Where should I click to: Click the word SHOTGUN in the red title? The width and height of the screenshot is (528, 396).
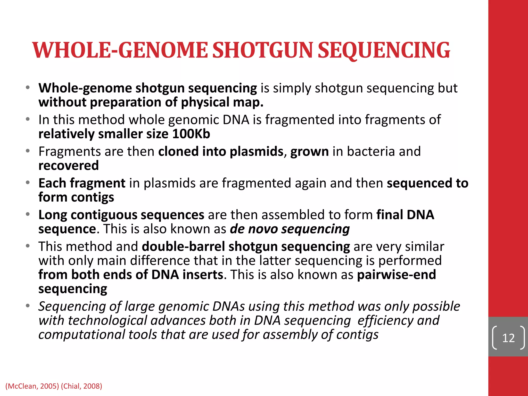tap(263, 50)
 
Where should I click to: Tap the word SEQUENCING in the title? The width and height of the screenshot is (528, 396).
tap(384, 50)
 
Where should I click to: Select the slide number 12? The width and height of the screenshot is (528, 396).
tap(508, 338)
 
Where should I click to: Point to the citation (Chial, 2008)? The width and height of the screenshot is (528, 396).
tap(81, 386)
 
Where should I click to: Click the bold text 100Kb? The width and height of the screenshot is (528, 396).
tap(191, 134)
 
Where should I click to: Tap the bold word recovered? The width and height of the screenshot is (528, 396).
tap(69, 166)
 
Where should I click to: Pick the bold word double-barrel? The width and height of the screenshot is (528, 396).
tap(183, 246)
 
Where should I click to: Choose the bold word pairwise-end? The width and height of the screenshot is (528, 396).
tap(397, 275)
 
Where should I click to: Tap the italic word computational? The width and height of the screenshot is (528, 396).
tap(81, 335)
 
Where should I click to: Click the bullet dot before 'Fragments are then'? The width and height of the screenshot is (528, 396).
tap(28, 151)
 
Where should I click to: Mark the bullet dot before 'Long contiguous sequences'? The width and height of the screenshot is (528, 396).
tap(28, 214)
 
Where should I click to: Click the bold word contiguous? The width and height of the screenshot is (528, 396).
tap(104, 215)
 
